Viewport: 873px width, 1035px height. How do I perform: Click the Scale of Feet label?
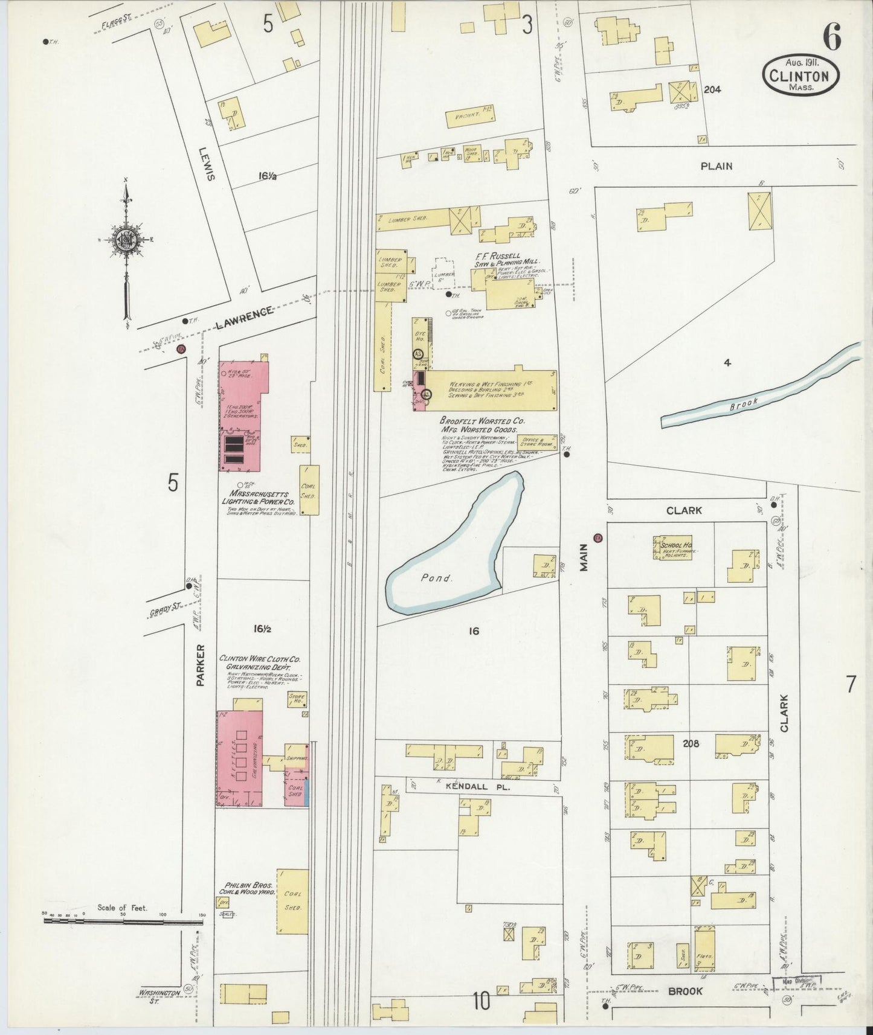click(x=123, y=908)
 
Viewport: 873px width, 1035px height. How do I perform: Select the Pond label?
click(x=437, y=578)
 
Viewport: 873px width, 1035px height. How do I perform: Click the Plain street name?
click(x=716, y=166)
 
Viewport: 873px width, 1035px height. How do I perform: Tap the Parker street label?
click(x=201, y=664)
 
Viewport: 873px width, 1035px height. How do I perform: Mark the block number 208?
click(x=690, y=743)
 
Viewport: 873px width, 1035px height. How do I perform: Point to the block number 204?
click(x=712, y=89)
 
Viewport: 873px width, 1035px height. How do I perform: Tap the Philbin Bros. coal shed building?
click(x=293, y=900)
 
